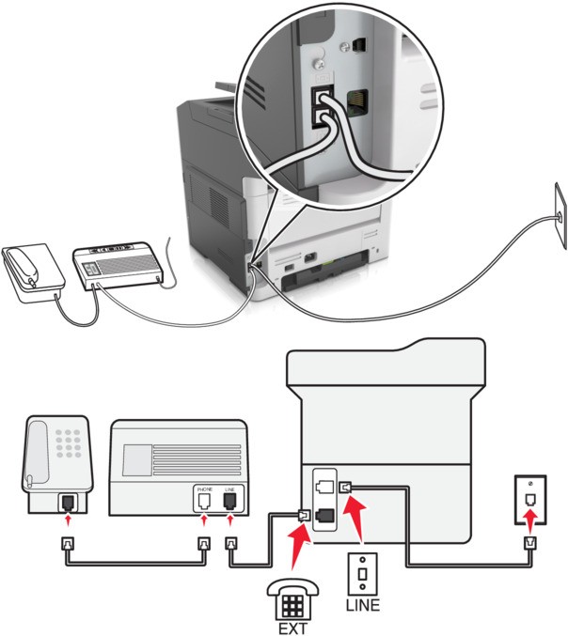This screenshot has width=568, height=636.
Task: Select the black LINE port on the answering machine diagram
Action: pos(229,503)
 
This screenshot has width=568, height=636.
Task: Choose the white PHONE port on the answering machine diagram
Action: pos(204,503)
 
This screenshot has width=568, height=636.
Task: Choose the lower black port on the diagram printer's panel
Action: pos(323,515)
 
